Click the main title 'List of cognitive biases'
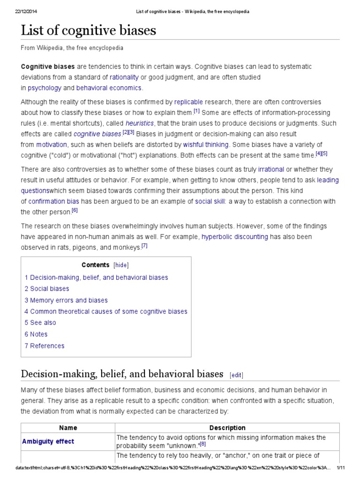click(x=89, y=31)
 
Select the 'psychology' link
click(x=45, y=88)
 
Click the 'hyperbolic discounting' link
click(x=235, y=237)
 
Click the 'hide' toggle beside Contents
click(x=120, y=265)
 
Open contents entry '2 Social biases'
click(x=47, y=289)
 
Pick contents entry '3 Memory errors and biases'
click(x=66, y=300)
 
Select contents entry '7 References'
click(x=45, y=345)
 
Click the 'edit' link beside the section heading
click(x=236, y=375)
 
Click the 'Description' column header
click(x=227, y=427)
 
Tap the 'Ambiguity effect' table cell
click(x=48, y=441)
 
